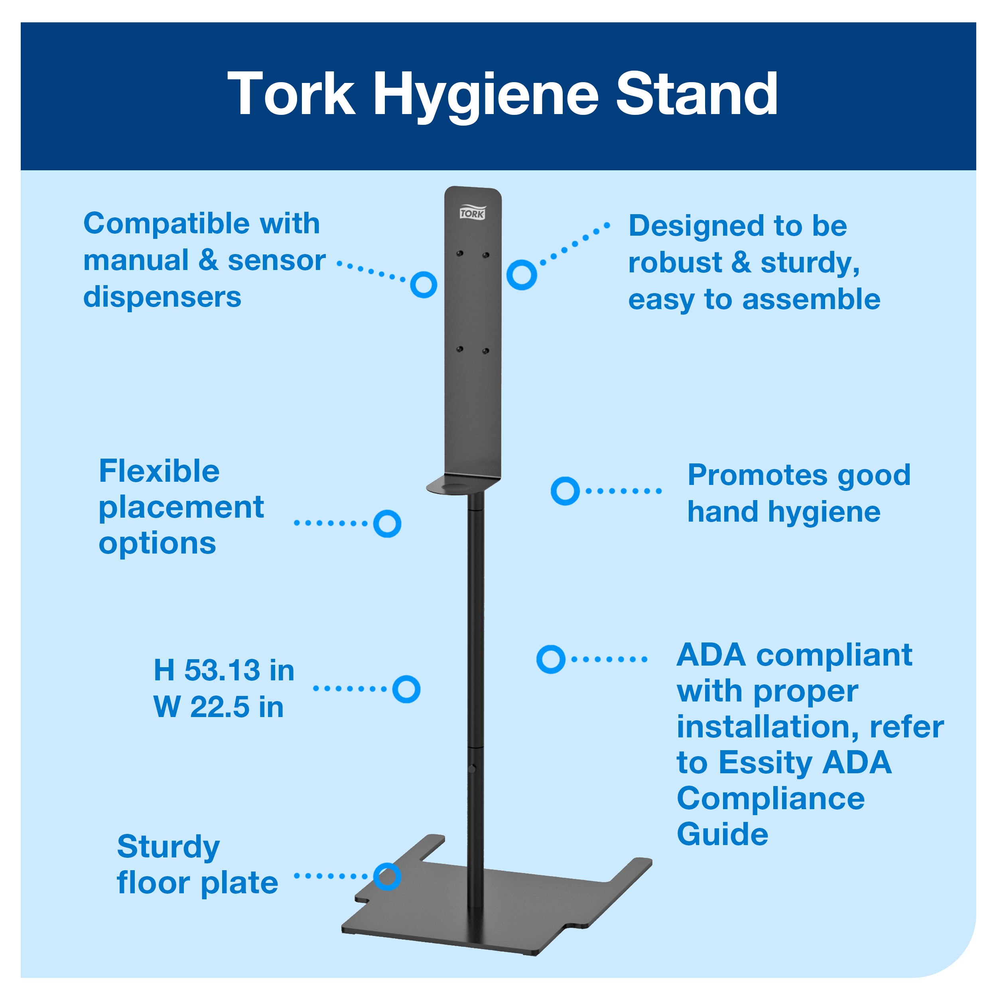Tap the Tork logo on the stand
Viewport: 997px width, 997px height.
click(472, 213)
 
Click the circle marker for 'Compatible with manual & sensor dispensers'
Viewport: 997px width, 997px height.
click(424, 284)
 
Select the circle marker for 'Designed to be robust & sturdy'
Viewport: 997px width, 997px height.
click(521, 274)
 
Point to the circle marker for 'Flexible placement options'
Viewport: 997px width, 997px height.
click(387, 524)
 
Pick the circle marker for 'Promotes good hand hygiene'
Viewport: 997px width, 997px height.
click(565, 491)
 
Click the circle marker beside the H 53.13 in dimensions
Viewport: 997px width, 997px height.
click(406, 689)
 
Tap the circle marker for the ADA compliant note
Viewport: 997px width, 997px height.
click(551, 659)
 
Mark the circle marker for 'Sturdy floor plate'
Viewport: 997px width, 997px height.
click(387, 876)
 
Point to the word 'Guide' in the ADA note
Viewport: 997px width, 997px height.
click(723, 834)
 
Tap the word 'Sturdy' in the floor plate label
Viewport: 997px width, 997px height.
click(168, 847)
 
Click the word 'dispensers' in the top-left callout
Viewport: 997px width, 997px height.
click(162, 297)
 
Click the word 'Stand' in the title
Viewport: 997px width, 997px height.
click(697, 95)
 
